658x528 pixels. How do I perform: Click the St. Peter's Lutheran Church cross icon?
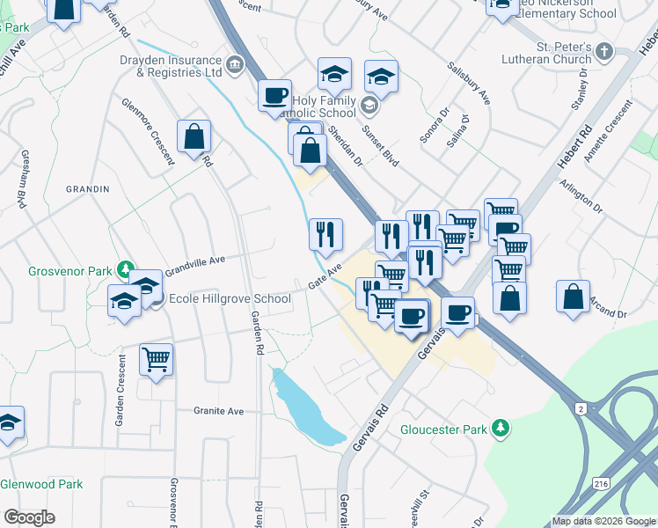(603, 53)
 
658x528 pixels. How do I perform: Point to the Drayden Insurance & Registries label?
(170, 67)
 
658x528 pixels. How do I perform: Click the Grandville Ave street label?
(194, 261)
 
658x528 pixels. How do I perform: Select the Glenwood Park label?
(41, 484)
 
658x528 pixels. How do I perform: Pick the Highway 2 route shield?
(581, 408)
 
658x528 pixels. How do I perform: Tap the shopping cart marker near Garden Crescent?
(156, 359)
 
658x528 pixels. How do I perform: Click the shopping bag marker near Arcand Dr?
(574, 297)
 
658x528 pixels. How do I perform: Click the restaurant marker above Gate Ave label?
(325, 234)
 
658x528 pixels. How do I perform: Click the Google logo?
(29, 517)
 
